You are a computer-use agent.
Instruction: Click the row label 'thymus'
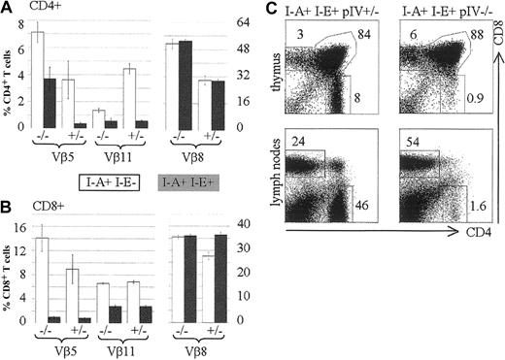point(273,74)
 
